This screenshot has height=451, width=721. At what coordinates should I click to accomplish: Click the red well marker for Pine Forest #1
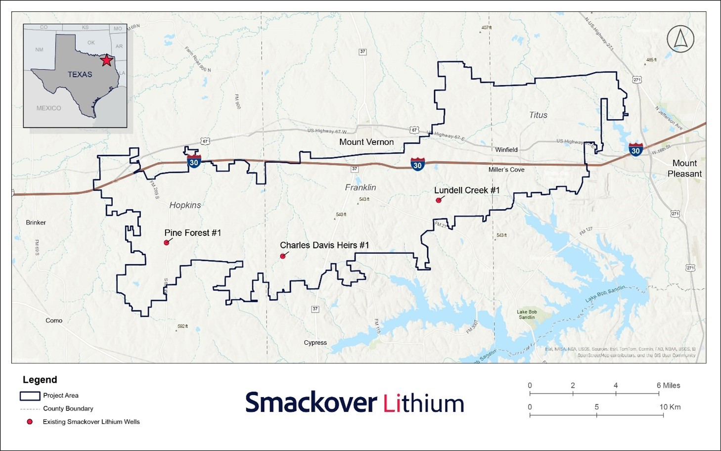(167, 243)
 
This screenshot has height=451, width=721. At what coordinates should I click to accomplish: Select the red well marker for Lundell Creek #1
(438, 200)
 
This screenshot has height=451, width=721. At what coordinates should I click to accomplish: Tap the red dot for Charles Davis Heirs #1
(283, 256)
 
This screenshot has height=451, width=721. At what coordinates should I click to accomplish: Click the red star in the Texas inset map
(106, 60)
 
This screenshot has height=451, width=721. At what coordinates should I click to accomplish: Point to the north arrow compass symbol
(680, 39)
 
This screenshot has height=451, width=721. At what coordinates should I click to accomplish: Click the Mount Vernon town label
(366, 142)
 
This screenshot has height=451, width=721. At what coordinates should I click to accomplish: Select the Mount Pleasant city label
(684, 168)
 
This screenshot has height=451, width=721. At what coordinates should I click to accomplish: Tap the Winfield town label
(506, 149)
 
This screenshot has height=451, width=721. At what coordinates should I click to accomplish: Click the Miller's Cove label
(506, 170)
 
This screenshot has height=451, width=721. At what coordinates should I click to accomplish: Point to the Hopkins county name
(185, 205)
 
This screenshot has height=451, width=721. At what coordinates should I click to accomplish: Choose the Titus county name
(538, 115)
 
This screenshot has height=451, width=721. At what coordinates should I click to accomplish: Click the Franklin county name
(360, 187)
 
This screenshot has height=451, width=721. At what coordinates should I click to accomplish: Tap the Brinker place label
(36, 223)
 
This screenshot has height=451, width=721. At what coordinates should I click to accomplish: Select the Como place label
(54, 320)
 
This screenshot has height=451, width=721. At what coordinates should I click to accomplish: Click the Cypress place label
(315, 343)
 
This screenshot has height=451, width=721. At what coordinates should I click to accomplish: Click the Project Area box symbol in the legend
(30, 396)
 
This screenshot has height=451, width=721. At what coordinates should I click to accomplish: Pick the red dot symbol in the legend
(30, 422)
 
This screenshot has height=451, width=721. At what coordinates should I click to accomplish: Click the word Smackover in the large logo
(312, 403)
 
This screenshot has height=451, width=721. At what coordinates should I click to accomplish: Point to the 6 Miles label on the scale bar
(668, 385)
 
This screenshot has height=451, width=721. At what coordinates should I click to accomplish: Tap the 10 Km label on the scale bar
(670, 407)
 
